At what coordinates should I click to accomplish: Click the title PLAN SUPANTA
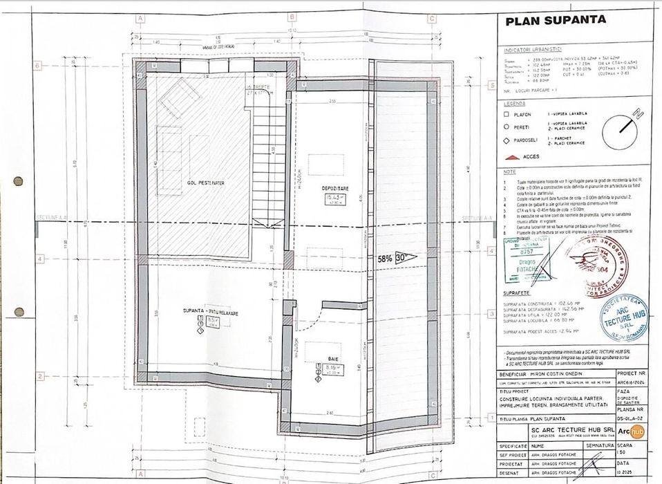point(556,20)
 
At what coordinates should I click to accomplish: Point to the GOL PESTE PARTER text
point(206,183)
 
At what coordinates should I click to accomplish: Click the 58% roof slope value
point(386,258)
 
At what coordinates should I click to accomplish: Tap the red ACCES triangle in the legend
point(511,157)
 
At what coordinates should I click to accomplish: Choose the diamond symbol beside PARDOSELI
point(507,140)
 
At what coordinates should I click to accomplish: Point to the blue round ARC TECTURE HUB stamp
point(623,317)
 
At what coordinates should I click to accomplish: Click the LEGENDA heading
point(516,103)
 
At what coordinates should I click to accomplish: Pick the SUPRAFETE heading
point(516,293)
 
